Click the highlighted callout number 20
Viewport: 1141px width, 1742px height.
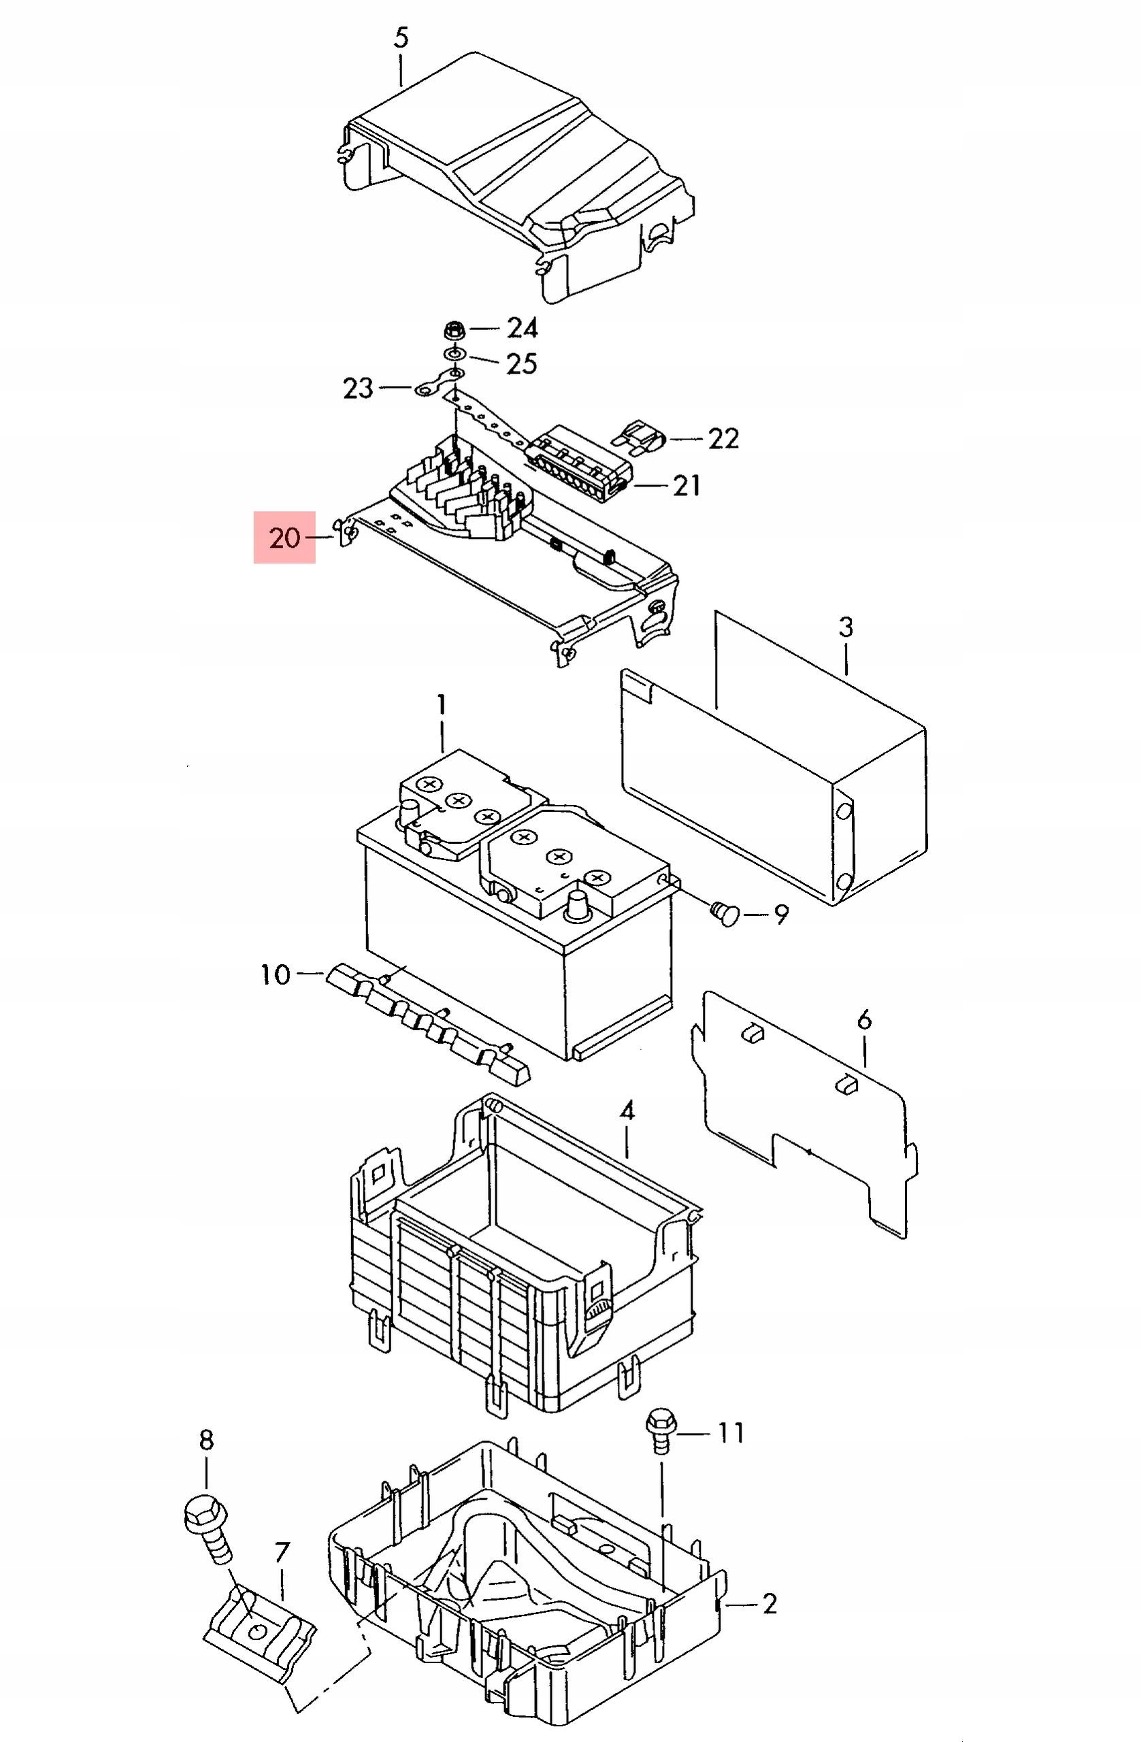click(x=284, y=538)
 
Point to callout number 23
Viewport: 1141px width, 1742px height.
click(x=358, y=389)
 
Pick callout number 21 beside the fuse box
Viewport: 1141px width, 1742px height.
click(x=687, y=485)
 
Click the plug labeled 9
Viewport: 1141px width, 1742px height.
click(x=725, y=914)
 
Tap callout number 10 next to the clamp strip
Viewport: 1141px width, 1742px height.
click(x=276, y=974)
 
